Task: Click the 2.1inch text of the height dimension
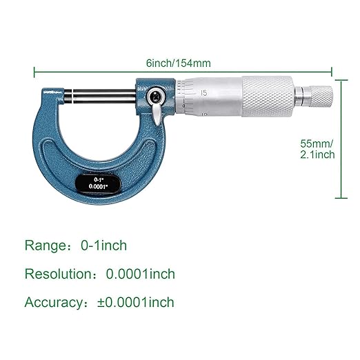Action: pos(317,154)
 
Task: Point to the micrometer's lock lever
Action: pos(157,109)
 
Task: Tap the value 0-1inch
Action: pos(103,246)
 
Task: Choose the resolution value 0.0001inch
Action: pos(140,274)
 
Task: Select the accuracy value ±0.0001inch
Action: pos(137,302)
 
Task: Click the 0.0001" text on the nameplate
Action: pos(97,187)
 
